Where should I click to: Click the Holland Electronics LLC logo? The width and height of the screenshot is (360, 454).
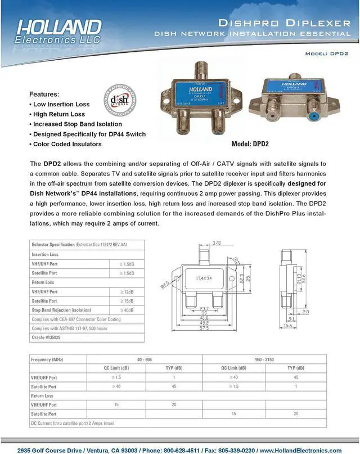[x=59, y=32]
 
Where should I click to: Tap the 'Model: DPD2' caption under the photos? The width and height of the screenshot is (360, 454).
[x=250, y=144]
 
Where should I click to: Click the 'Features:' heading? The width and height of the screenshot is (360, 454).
[x=44, y=94]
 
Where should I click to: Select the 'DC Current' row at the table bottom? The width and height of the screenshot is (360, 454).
[x=73, y=422]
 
